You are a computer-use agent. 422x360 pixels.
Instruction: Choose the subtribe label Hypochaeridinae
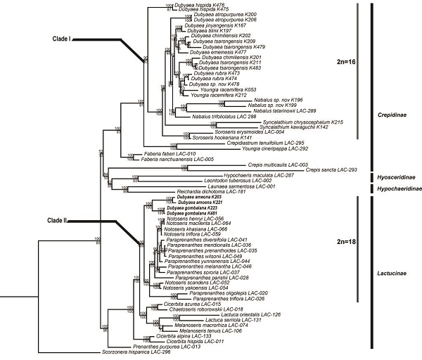tap(396, 188)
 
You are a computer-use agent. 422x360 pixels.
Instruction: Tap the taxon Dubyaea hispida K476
tap(209, 5)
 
